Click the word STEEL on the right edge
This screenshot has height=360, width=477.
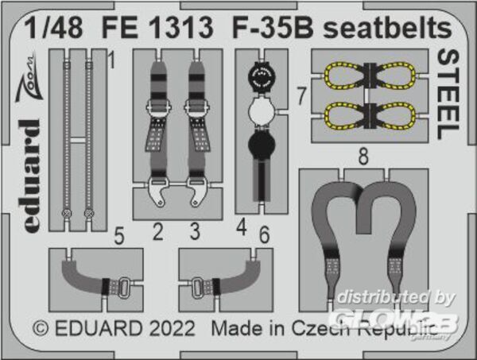tap(448, 95)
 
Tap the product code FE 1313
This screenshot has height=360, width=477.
tap(157, 28)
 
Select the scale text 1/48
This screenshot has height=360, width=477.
tap(53, 28)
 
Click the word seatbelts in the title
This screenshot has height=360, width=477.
tap(387, 28)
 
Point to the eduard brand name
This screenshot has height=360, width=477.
tap(32, 176)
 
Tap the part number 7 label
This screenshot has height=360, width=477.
tap(301, 95)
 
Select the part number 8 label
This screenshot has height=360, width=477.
tap(363, 156)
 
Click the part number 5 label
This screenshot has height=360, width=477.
tap(119, 236)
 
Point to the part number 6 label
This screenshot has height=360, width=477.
tap(264, 234)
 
